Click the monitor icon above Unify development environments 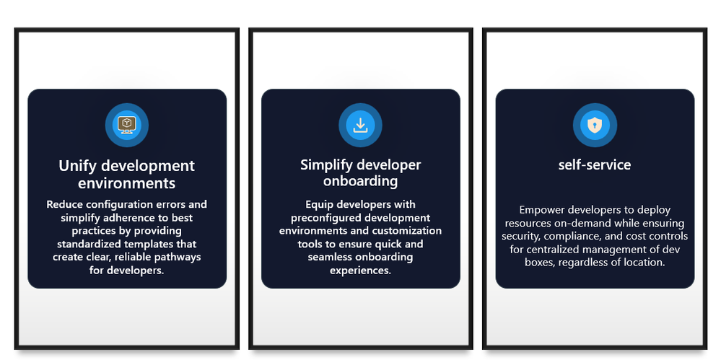pos(126,125)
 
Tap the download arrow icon pos(361,125)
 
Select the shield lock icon pos(595,125)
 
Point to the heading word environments pos(126,183)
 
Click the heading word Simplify pos(327,165)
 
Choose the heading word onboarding pos(361,180)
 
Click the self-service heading pos(595,164)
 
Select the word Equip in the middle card pos(318,204)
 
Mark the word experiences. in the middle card pos(361,271)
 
